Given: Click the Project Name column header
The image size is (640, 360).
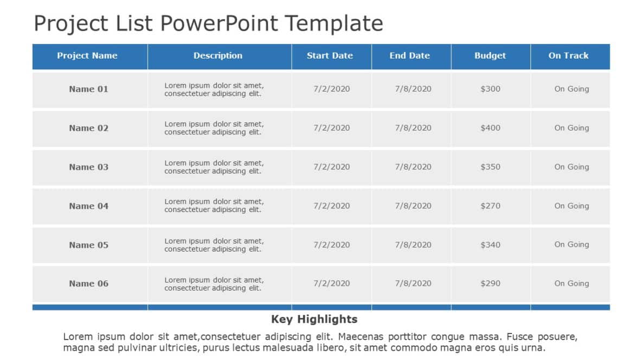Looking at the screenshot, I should (87, 55).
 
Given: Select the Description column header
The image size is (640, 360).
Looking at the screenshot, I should (218, 55).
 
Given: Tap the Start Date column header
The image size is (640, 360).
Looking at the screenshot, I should (330, 55).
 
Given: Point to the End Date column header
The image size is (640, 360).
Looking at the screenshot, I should (409, 55).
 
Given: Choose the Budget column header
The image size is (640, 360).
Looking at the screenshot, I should (490, 55).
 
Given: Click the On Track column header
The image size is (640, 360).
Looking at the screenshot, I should (568, 55).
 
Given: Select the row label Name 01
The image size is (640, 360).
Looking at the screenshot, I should (88, 89).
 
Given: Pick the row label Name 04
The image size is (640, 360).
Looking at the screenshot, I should (88, 206).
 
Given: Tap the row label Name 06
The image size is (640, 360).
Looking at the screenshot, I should (88, 284).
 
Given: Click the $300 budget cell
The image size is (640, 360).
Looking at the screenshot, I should (490, 89).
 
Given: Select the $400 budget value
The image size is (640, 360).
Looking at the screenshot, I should (490, 128).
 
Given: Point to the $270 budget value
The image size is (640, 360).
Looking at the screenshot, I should (490, 206).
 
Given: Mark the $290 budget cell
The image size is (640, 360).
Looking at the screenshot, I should (490, 284).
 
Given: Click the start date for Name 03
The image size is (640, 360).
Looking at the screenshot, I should (332, 167).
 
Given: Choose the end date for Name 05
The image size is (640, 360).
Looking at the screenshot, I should (413, 245).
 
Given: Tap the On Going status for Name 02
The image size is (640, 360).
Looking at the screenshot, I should (572, 128).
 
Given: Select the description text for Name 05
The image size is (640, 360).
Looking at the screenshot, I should (214, 245).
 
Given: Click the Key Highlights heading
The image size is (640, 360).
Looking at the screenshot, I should (314, 319).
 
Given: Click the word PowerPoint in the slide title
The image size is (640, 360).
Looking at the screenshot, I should (221, 24).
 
